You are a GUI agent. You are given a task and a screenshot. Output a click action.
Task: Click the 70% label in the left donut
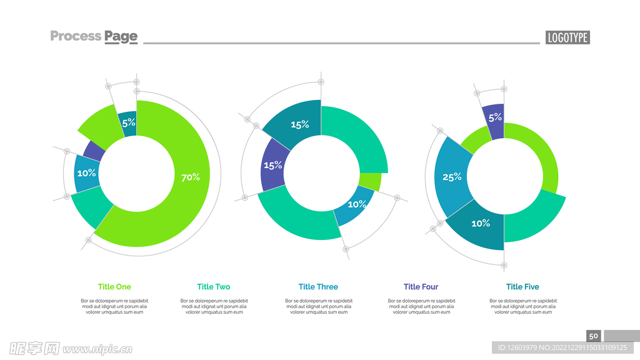point(190,177)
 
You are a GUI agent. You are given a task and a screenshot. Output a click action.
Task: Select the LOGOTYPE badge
point(567,37)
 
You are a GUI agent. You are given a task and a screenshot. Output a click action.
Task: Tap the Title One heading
point(114,287)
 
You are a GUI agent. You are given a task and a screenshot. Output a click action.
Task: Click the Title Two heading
point(214,287)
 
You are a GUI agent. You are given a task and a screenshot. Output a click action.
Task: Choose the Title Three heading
point(318,287)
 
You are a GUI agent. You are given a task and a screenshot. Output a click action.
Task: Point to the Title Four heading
point(421,287)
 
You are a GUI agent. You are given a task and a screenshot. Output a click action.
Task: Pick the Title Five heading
point(522,287)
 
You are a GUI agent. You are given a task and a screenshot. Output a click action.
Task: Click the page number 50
point(594,336)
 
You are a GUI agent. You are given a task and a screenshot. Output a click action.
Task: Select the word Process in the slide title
point(76,36)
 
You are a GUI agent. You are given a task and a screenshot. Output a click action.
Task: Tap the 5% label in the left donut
point(129,123)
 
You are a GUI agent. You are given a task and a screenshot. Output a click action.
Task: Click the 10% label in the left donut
point(86,172)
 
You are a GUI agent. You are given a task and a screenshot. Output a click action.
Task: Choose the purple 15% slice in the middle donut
point(273,166)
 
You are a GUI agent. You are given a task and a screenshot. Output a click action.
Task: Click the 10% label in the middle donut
point(357,204)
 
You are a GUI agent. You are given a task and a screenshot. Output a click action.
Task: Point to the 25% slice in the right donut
point(452,177)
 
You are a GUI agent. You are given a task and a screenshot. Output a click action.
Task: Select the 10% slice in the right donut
point(480,224)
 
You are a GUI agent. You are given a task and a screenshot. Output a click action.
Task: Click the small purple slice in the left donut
point(94,150)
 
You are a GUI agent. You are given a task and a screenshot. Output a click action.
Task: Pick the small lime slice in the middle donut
point(371,182)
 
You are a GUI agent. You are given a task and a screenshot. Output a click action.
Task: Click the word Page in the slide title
point(121,37)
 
